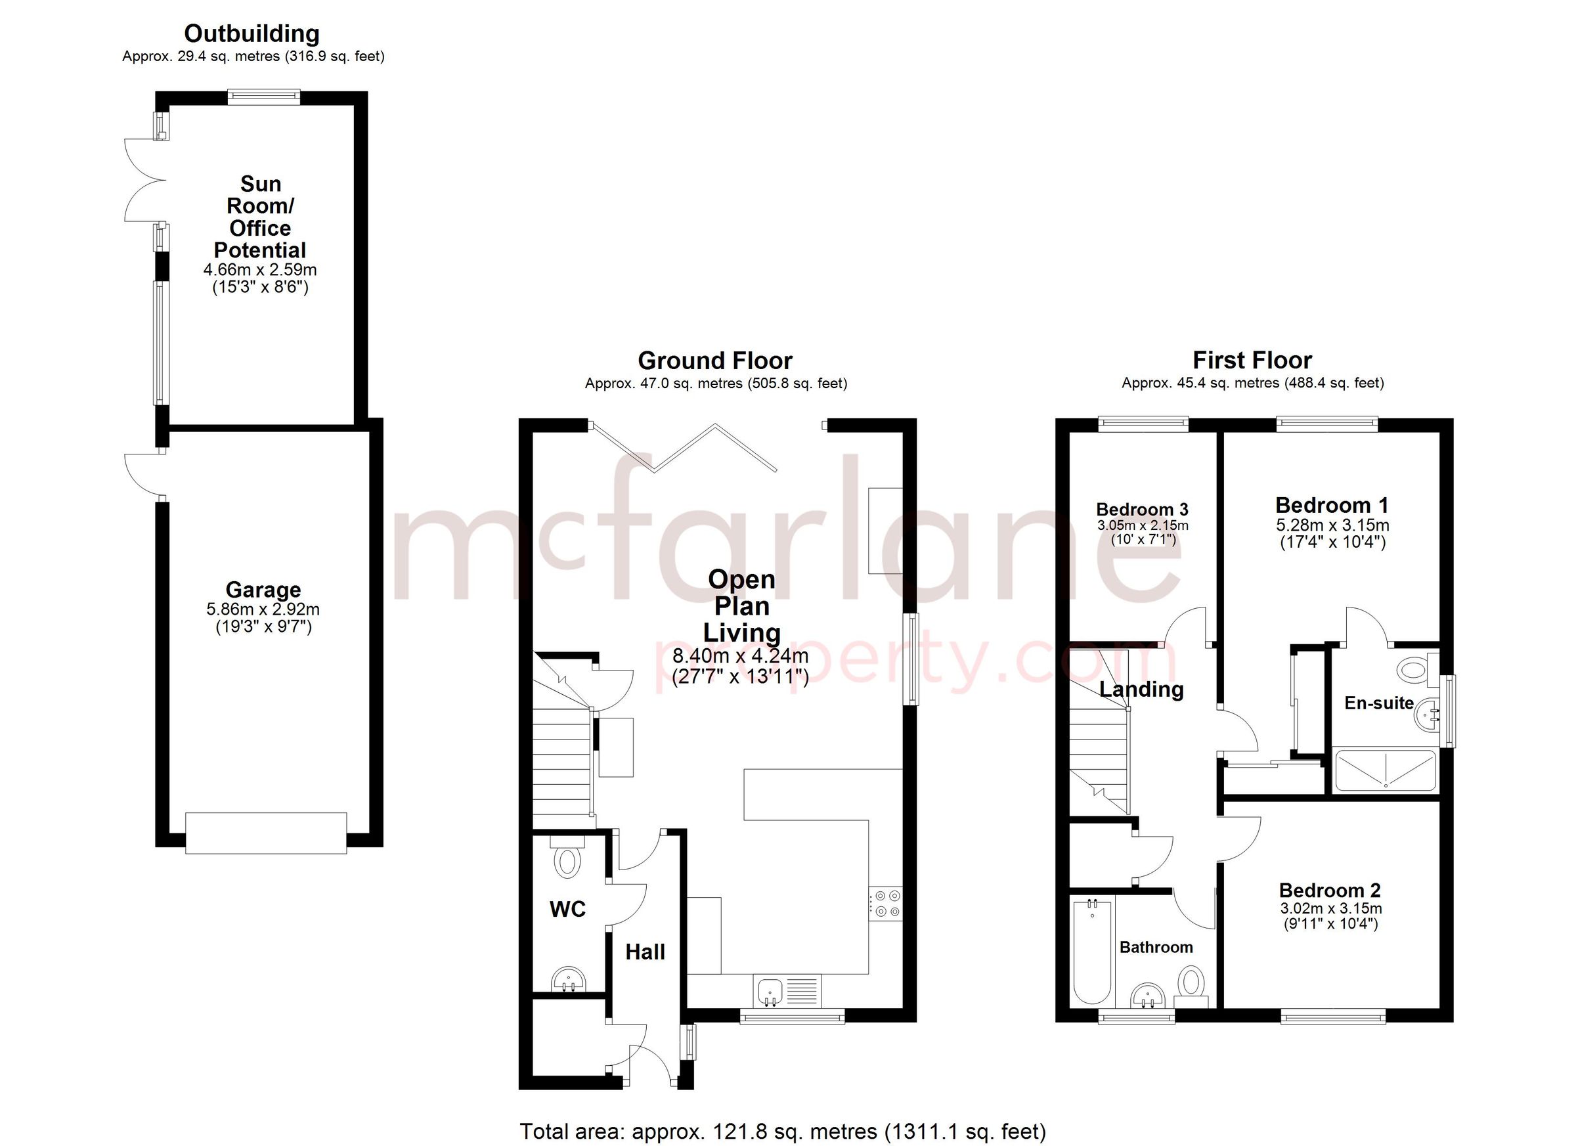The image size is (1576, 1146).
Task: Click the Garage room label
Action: [263, 590]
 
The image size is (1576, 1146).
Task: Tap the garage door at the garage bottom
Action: [265, 833]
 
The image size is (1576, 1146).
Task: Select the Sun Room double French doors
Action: [144, 181]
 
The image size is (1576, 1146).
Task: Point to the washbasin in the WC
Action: [569, 980]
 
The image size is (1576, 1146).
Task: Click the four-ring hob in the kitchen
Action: [886, 904]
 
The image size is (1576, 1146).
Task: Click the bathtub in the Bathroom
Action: [1092, 952]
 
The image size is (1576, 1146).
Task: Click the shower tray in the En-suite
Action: [1385, 770]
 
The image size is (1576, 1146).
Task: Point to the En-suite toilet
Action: [1414, 670]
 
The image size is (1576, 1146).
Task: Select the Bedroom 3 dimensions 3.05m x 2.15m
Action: [1143, 525]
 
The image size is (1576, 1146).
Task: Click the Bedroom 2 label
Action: [1329, 891]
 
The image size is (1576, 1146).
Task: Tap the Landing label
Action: [1141, 690]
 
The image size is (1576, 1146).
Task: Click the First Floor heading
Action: [1252, 360]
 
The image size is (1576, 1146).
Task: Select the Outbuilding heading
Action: [252, 33]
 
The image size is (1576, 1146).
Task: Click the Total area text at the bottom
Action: [783, 1132]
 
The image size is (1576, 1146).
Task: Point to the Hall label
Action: [645, 952]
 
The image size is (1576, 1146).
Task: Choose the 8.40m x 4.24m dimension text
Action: [740, 655]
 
